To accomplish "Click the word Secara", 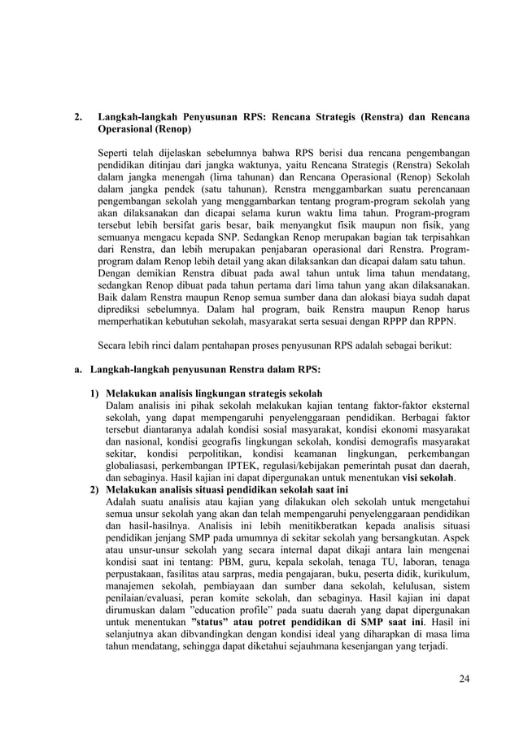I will pyautogui.click(x=116, y=344).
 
